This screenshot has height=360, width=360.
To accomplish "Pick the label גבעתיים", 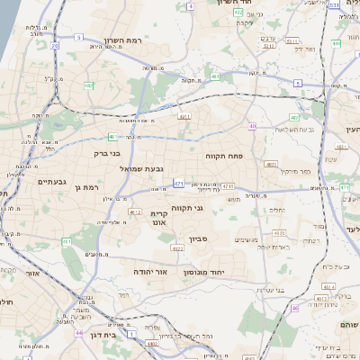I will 53,181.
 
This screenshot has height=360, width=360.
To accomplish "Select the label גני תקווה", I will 186,209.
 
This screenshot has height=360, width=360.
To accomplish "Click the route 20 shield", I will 55,45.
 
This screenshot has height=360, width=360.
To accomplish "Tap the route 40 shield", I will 253,126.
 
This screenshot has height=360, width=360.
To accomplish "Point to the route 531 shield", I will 334,4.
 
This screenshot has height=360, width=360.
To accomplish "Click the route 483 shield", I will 294,117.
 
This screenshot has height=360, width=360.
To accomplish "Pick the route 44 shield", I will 79,332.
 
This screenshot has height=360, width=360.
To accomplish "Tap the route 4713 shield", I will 228,186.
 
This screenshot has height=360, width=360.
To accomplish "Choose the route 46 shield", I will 294,308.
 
